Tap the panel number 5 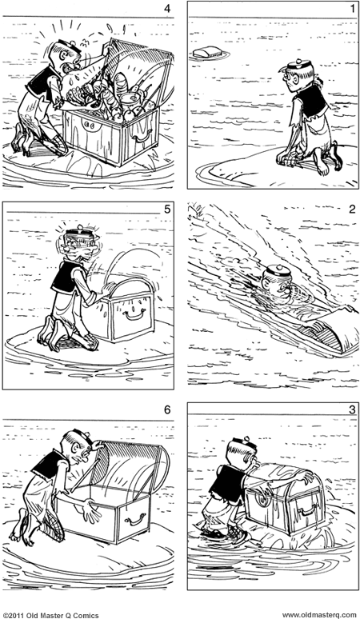[x=166, y=210]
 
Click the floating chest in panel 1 [x=206, y=54]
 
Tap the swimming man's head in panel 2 [x=276, y=283]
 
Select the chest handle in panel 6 [x=134, y=518]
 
